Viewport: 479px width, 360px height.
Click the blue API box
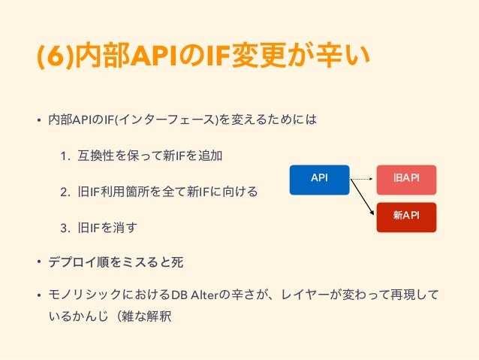(319, 179)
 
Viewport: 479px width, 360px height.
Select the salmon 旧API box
(406, 179)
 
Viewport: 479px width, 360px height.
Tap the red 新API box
(406, 216)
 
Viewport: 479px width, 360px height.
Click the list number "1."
(65, 156)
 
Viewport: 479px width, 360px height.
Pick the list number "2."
(65, 192)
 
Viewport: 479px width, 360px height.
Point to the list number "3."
(65, 228)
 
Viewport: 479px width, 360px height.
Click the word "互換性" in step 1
(97, 156)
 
